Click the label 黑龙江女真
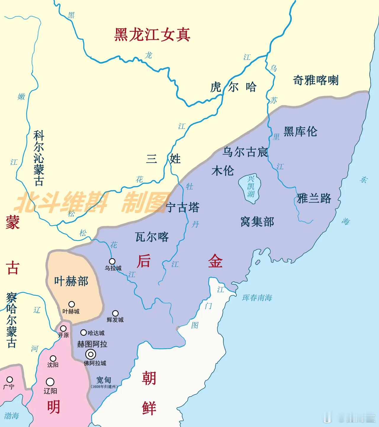point(152,35)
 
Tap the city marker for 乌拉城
point(112,261)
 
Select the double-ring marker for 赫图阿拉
point(91,354)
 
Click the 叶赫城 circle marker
point(71,304)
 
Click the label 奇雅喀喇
point(316,80)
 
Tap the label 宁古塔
point(182,208)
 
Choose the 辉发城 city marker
point(115,313)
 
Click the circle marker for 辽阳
point(50,382)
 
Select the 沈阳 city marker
point(53,359)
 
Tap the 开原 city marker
point(63,329)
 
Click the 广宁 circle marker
point(10,379)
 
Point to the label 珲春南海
point(257,298)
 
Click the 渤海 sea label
point(12,415)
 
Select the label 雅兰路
point(314,198)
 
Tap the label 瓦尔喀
point(152,237)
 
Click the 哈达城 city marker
point(83,333)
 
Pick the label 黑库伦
point(300,131)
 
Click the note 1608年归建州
point(104,387)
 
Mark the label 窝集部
point(257,222)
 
